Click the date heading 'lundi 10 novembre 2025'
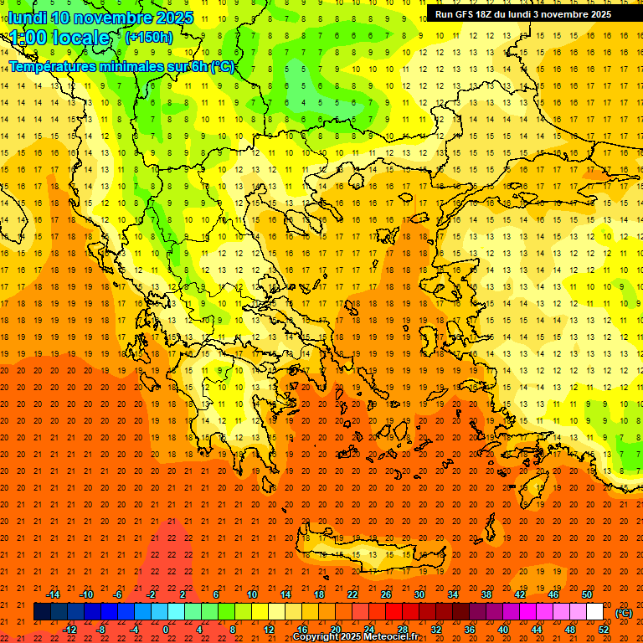click(x=100, y=18)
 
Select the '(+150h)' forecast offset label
click(x=149, y=37)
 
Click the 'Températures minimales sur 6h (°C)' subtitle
click(x=121, y=67)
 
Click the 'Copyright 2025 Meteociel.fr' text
click(x=355, y=637)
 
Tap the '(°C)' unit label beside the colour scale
click(x=624, y=613)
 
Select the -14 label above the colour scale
click(x=53, y=594)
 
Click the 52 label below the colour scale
click(x=604, y=630)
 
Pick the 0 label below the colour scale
click(x=165, y=630)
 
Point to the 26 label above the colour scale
click(x=386, y=594)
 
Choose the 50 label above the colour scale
click(x=587, y=594)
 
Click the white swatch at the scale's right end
click(x=594, y=612)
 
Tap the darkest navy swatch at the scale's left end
click(x=42, y=612)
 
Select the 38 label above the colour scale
click(x=486, y=594)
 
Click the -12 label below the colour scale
click(x=69, y=630)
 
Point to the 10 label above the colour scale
click(x=252, y=594)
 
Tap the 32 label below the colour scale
click(x=436, y=630)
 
